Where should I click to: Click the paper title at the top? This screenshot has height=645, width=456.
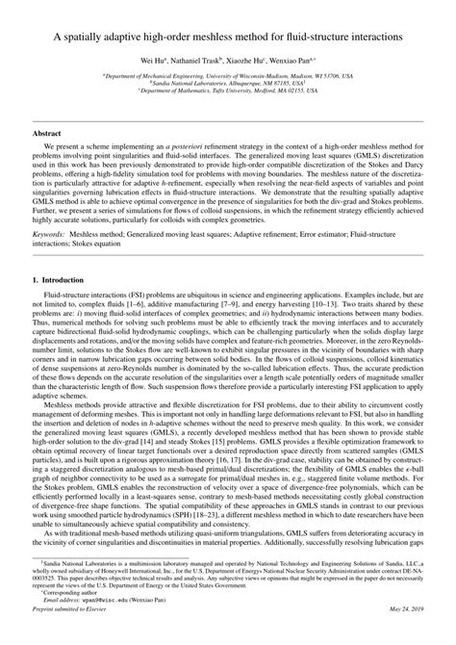(x=228, y=37)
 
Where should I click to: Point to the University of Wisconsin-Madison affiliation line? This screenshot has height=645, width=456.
(x=228, y=73)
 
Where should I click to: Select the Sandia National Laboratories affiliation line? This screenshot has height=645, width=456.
(x=228, y=82)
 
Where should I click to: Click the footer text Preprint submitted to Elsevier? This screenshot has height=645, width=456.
(x=73, y=633)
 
